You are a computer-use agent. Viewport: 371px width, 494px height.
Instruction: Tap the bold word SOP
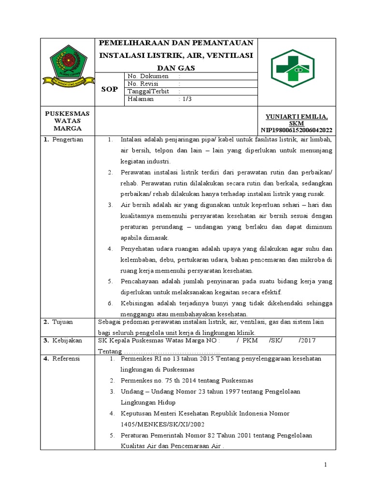109,89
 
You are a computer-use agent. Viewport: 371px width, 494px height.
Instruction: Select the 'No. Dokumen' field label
148,76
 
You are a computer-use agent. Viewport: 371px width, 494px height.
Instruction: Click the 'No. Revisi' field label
144,83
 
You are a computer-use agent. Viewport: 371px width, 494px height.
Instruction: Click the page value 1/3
185,99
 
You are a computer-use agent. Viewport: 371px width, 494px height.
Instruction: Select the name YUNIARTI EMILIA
297,117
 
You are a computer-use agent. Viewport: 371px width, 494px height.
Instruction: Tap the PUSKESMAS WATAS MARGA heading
68,121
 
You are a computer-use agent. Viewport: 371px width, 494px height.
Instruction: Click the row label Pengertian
67,139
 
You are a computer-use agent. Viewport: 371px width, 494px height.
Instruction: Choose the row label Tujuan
63,322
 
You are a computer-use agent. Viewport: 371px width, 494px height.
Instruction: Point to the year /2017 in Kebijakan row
307,340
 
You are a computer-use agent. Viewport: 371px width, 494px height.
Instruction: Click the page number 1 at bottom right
326,465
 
